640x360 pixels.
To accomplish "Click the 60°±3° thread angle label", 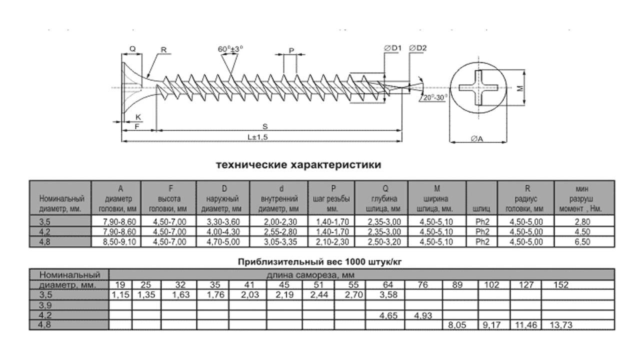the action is pyautogui.click(x=230, y=49).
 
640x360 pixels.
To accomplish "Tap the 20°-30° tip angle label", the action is pyautogui.click(x=435, y=97).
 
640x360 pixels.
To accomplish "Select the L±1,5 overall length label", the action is pyautogui.click(x=257, y=137).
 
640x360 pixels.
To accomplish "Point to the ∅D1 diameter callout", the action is pyautogui.click(x=392, y=48).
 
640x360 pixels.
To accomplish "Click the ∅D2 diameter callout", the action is pyautogui.click(x=417, y=48).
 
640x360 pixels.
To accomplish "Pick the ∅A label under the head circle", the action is pyautogui.click(x=477, y=139).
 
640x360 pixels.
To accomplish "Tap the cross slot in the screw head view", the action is pyautogui.click(x=478, y=87).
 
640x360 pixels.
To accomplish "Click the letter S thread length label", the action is pyautogui.click(x=265, y=126).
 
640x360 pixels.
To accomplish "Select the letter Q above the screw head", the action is pyautogui.click(x=132, y=49).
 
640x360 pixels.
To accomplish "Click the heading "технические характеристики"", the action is pyautogui.click(x=298, y=165).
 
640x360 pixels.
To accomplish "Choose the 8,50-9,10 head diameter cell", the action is pyautogui.click(x=119, y=242).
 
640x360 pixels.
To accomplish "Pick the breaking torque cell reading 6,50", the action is pyautogui.click(x=582, y=242).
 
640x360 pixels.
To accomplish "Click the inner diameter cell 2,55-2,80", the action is pyautogui.click(x=280, y=231).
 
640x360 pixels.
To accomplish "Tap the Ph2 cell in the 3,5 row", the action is pyautogui.click(x=482, y=221).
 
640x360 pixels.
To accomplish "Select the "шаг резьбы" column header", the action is pyautogui.click(x=331, y=199).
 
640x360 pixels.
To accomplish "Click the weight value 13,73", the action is pyautogui.click(x=561, y=325).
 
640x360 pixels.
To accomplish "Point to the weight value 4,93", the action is pyautogui.click(x=423, y=315).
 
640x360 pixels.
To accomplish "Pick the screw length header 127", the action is pyautogui.click(x=526, y=285).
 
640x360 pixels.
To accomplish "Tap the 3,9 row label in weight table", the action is pyautogui.click(x=45, y=305).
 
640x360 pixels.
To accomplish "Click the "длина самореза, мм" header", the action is pyautogui.click(x=310, y=275).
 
